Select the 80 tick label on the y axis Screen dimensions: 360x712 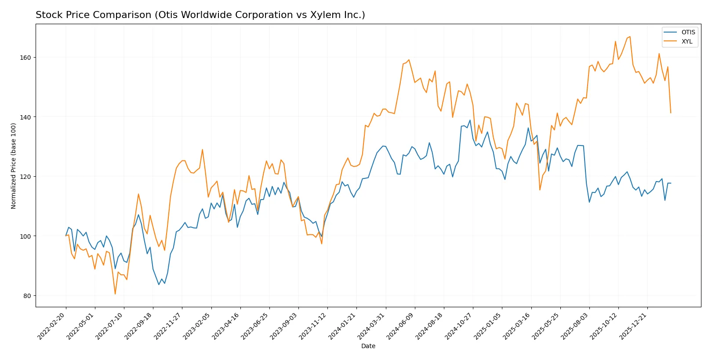pos(27,296)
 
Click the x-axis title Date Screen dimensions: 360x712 pos(368,346)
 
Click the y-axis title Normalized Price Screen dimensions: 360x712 pos(14,166)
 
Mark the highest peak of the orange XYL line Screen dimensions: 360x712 pos(630,36)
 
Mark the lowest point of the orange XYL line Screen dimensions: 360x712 pos(115,294)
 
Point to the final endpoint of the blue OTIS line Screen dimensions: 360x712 pos(671,183)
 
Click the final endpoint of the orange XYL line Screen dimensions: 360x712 pos(671,113)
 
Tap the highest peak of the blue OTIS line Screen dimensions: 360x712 pos(470,120)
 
